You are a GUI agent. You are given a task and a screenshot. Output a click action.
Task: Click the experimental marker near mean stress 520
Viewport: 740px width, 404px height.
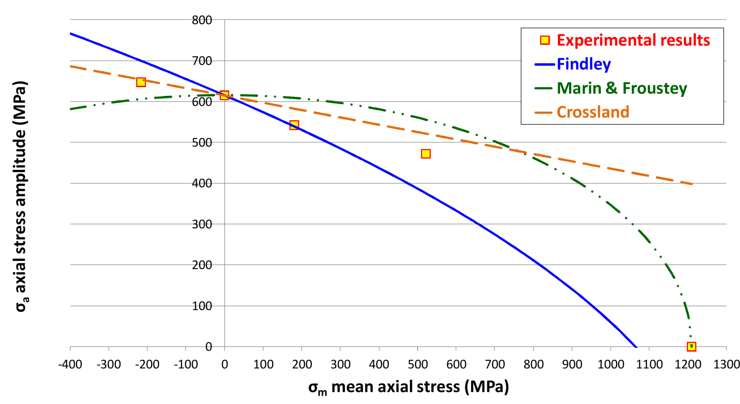[x=425, y=154]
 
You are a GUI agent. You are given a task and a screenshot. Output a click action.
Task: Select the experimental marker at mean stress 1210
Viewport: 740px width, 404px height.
[x=691, y=346]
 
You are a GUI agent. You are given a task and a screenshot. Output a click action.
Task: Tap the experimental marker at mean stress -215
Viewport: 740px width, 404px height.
[x=141, y=82]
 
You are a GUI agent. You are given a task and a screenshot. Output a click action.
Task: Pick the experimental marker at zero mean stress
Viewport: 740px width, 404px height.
[x=224, y=95]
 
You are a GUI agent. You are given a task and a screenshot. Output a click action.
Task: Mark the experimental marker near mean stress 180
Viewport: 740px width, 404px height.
[x=294, y=125]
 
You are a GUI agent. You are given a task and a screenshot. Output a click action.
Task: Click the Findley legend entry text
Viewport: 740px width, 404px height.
[x=583, y=64]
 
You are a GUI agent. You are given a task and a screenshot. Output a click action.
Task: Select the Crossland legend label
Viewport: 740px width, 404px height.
[x=593, y=112]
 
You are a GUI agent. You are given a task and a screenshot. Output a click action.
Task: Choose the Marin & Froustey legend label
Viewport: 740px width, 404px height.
[x=621, y=88]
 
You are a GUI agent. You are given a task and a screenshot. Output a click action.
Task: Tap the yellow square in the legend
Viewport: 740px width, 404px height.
[x=545, y=40]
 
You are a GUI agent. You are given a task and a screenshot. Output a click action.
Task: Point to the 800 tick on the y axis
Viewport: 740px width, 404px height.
[x=202, y=20]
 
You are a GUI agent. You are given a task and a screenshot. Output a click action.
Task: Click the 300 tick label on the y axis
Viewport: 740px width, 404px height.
[x=202, y=224]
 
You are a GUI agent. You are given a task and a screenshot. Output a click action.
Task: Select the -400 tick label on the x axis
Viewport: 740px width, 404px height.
[x=70, y=364]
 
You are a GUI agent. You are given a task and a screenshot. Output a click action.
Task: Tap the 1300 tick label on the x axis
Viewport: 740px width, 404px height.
[x=726, y=364]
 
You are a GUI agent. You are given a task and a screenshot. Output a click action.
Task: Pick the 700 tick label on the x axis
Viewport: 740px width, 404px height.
[x=495, y=364]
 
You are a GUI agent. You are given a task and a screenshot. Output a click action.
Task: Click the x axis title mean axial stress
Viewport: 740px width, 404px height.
[x=408, y=387]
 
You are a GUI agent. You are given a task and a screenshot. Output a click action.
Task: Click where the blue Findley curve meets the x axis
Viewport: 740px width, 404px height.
[x=636, y=346]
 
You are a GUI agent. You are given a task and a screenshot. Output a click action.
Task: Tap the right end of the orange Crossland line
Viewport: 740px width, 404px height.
[x=692, y=184]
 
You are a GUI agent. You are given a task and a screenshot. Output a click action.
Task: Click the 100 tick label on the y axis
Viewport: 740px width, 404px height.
[x=202, y=306]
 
